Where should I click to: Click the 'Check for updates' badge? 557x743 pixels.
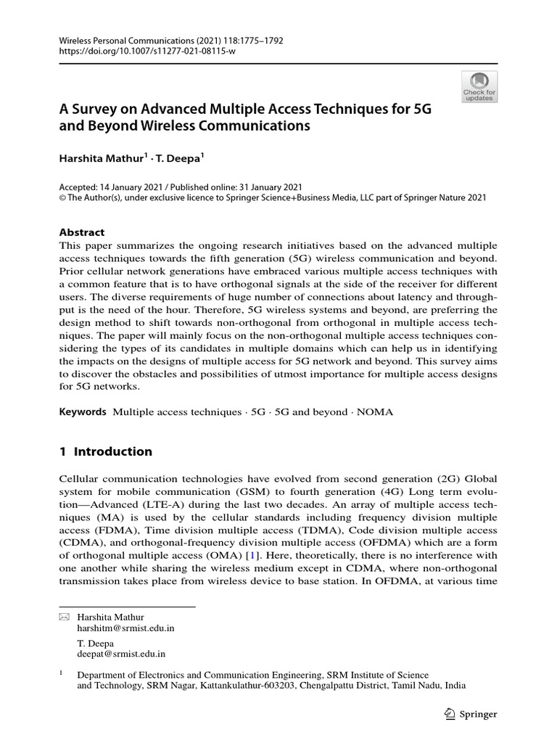click(479, 86)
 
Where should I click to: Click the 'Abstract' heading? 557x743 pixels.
click(81, 232)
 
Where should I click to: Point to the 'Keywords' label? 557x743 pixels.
click(82, 411)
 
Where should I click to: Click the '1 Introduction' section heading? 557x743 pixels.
click(105, 451)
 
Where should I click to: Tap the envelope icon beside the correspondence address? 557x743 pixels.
click(63, 617)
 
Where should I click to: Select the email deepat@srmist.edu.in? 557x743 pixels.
click(121, 654)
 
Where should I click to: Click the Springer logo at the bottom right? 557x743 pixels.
click(469, 714)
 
